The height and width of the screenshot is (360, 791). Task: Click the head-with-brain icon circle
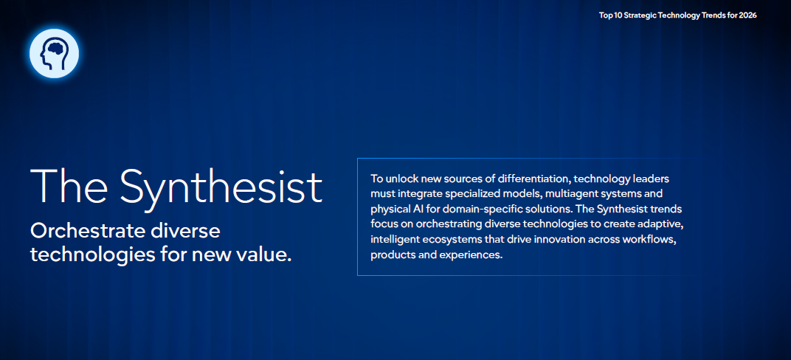tap(54, 53)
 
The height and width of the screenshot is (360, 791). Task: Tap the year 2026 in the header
tap(747, 15)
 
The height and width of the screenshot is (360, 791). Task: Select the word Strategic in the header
tap(640, 15)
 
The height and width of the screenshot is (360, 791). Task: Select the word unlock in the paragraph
tap(398, 179)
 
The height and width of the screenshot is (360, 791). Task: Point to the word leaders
tap(652, 179)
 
